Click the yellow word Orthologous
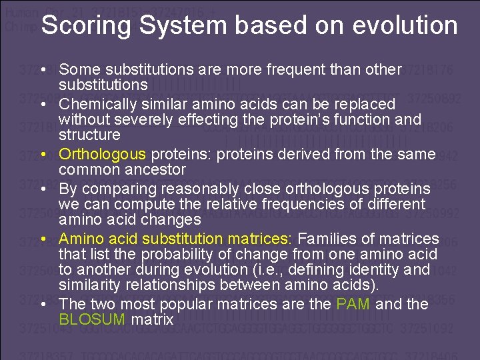(x=103, y=155)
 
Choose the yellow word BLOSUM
(x=92, y=319)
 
